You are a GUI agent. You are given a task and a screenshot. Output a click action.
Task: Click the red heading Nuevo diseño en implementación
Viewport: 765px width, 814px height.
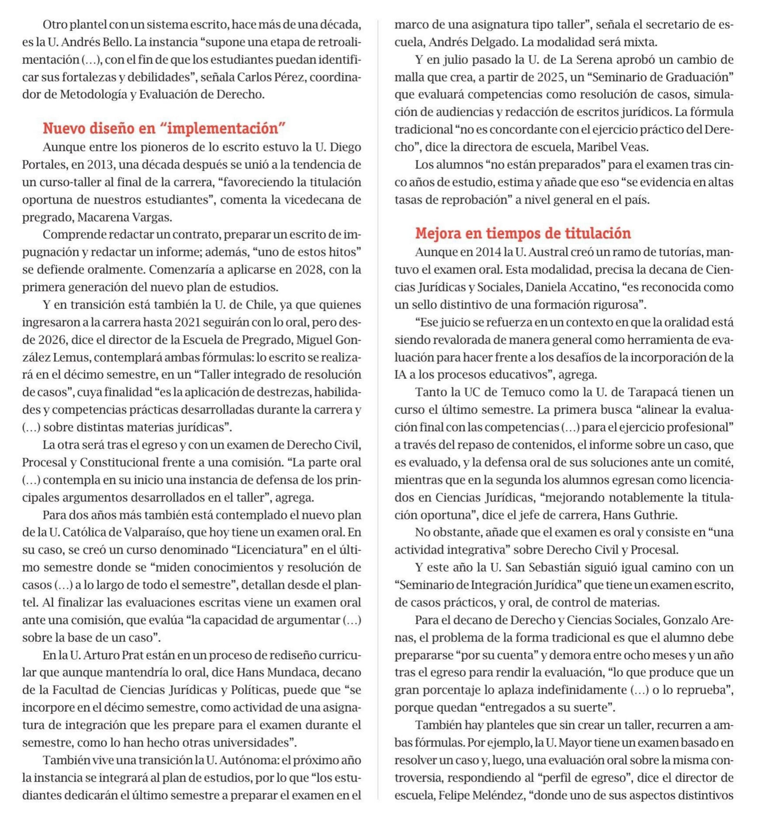coord(164,128)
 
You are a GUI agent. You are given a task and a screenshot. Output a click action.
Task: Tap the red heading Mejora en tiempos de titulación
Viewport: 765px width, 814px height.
coord(523,233)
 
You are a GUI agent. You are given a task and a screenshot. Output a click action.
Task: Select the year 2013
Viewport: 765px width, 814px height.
coord(99,165)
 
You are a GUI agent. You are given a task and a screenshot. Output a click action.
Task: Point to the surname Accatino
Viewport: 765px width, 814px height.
coord(590,287)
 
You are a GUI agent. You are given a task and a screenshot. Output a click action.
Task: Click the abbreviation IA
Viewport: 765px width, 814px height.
coord(401,375)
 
